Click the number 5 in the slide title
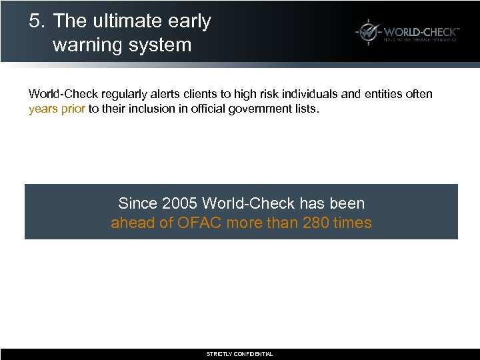pos(35,21)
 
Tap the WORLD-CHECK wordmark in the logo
pos(421,30)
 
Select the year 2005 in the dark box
pos(179,203)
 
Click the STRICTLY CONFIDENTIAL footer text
pos(239,354)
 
